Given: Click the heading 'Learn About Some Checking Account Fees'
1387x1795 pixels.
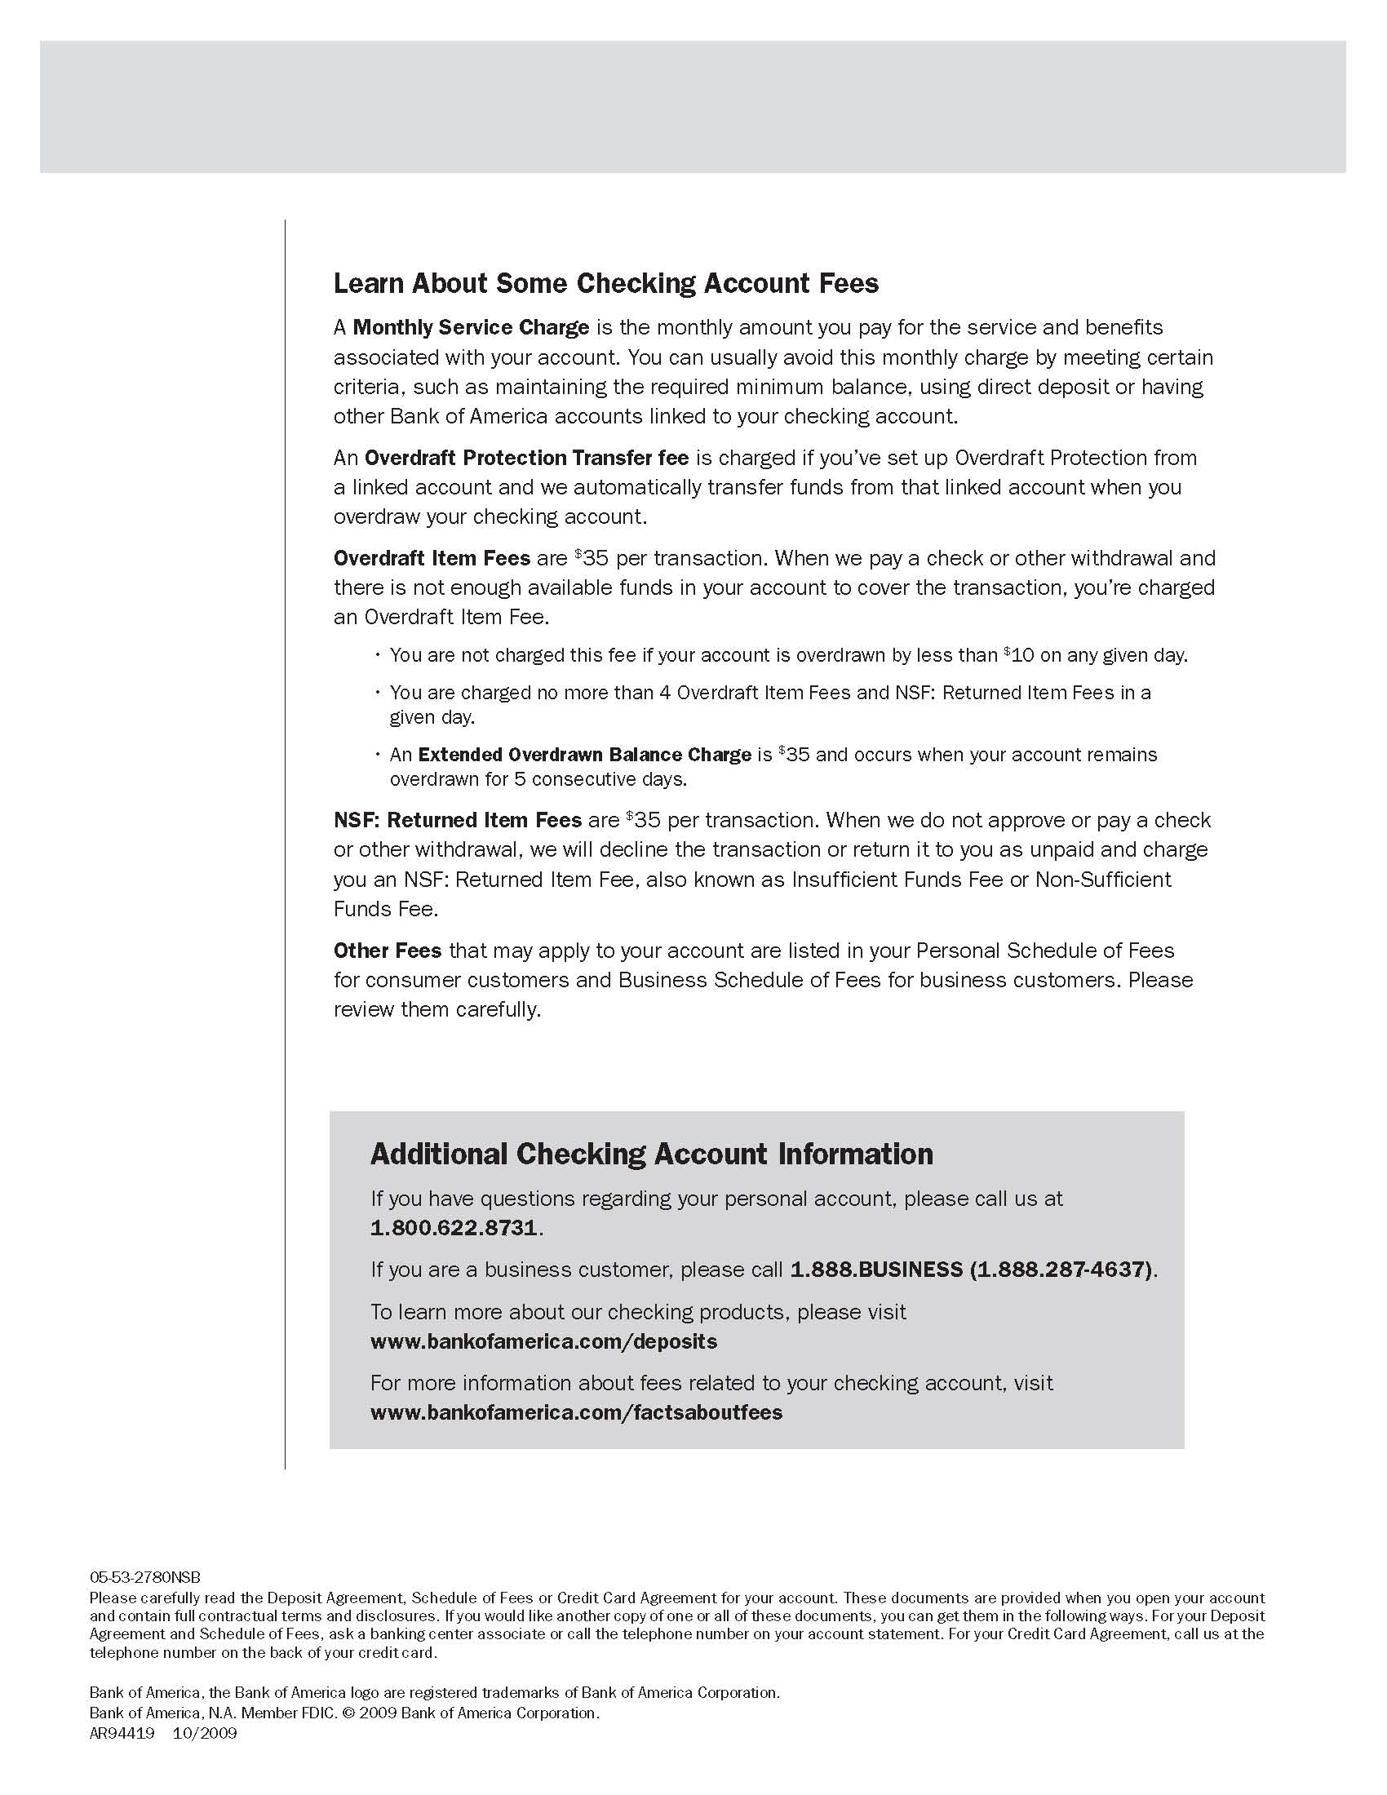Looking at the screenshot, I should pos(605,284).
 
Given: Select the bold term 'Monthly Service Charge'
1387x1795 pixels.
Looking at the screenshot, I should pos(471,327).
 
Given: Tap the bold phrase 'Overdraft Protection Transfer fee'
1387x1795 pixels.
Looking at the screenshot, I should pos(526,458).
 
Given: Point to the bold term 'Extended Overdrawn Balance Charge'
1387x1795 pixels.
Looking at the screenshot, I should pos(584,755).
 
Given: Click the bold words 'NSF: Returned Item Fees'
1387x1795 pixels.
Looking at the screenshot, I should pos(458,820).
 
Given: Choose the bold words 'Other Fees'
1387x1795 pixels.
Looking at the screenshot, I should pos(387,951).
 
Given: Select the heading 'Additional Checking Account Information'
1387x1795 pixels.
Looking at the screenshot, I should pos(652,1154).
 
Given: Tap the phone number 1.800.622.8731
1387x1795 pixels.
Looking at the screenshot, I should pos(454,1228).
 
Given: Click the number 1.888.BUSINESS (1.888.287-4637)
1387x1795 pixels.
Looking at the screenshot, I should pos(973,1270).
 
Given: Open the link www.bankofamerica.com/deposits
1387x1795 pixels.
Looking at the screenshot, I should pos(543,1341).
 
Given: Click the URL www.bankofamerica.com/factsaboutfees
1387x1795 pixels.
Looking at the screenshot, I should pos(576,1412).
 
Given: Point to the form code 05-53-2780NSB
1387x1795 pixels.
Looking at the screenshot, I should pos(144,1577).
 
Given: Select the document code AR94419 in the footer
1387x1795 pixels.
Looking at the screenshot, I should pos(122,1733).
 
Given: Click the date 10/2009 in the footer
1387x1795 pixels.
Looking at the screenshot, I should pos(205,1733).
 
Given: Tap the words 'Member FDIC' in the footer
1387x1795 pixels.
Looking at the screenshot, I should pos(287,1713).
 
